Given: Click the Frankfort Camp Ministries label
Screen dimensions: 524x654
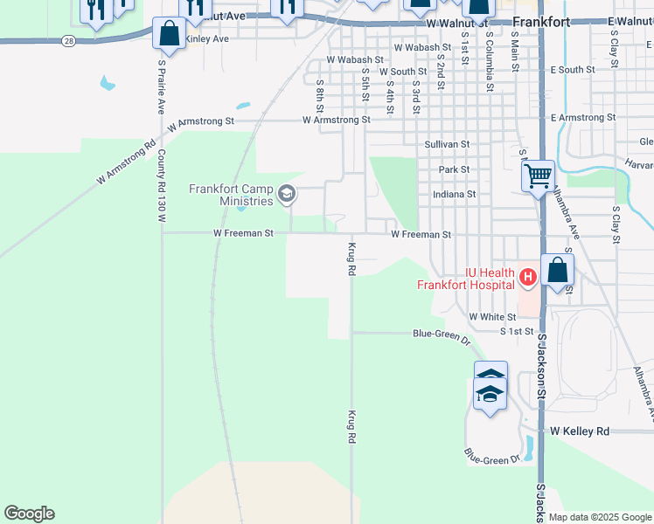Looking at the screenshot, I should pos(232,195).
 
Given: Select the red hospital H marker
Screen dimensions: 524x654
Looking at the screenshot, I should pos(527,279).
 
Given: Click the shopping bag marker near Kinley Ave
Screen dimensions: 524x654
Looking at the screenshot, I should pos(169,35).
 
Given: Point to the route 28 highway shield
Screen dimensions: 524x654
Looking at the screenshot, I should pos(69,40).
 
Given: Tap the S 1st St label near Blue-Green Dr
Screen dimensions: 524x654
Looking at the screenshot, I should pos(517,332).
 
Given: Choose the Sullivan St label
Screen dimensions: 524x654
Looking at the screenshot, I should pos(447,144).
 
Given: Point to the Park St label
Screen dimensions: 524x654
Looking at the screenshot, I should pos(455,169).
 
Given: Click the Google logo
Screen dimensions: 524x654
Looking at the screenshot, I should pos(29,514).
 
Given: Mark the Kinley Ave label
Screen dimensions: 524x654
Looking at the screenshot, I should pos(207,39).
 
